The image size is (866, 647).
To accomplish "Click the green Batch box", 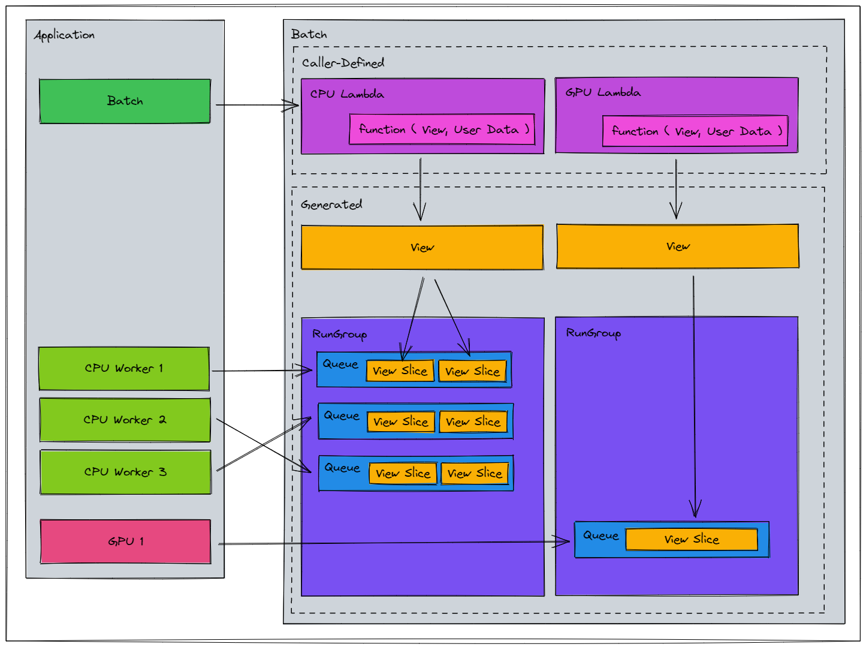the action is click(125, 101).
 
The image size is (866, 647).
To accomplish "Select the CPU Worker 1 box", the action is click(124, 369).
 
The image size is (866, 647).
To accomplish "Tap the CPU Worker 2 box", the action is click(125, 420).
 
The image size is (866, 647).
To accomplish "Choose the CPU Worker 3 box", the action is click(125, 472).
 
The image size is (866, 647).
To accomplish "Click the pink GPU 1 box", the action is click(125, 541).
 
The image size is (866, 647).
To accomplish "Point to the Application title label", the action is click(64, 35).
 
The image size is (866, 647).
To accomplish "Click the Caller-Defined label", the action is click(343, 63).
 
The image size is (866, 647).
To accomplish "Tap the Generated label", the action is click(331, 204).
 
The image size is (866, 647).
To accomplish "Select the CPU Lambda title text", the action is click(347, 94).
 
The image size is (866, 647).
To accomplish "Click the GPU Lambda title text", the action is click(603, 92).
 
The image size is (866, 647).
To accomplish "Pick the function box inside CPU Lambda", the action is click(442, 129).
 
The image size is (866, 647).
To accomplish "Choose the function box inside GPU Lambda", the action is click(695, 131).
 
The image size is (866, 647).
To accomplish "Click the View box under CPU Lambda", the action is click(422, 248).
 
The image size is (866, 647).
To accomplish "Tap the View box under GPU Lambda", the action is click(678, 246).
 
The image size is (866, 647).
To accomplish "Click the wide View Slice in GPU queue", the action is click(692, 539).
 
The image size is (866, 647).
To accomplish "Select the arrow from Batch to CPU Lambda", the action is click(257, 105).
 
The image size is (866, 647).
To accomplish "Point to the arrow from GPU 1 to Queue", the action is click(394, 543).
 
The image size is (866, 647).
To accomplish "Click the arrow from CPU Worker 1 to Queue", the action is click(262, 371).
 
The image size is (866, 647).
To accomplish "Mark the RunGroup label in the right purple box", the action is click(593, 333).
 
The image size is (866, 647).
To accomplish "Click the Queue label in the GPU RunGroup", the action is click(601, 535).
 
